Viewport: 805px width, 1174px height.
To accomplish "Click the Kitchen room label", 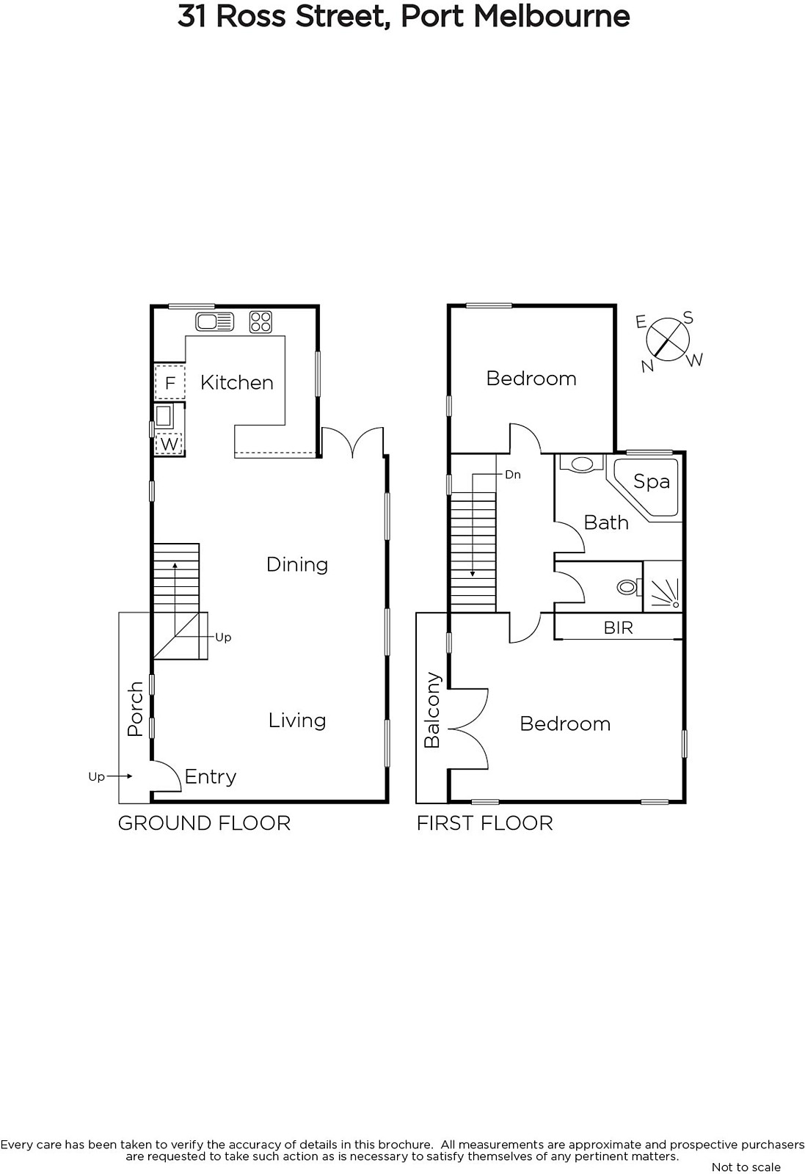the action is pyautogui.click(x=237, y=382).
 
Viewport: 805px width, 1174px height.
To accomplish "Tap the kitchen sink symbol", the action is pyautogui.click(x=215, y=322).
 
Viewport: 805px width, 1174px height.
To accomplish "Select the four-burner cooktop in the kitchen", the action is pyautogui.click(x=261, y=322).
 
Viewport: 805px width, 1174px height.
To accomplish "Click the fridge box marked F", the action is pyautogui.click(x=170, y=382).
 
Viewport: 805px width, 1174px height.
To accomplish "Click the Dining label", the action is pyautogui.click(x=297, y=564).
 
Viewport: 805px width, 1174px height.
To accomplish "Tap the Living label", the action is pyautogui.click(x=297, y=721).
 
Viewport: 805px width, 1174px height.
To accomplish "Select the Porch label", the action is pyautogui.click(x=135, y=709).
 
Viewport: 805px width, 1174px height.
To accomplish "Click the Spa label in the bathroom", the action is pyautogui.click(x=652, y=481).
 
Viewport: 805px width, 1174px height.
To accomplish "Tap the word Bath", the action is pyautogui.click(x=606, y=522).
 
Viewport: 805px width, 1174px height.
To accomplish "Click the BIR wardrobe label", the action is pyautogui.click(x=619, y=627).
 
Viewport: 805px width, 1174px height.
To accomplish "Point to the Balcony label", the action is pyautogui.click(x=432, y=710).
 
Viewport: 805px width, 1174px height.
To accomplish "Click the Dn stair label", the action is pyautogui.click(x=512, y=475).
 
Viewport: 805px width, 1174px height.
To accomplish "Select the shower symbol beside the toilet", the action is pyautogui.click(x=663, y=586).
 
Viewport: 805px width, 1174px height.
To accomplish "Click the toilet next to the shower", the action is pyautogui.click(x=629, y=586).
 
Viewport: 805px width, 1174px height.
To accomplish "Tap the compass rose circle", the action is pyautogui.click(x=667, y=339).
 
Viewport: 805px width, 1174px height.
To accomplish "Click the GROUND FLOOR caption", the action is pyautogui.click(x=205, y=823).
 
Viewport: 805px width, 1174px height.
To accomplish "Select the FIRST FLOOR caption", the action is pyautogui.click(x=485, y=823).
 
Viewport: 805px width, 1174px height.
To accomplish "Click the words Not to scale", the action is pyautogui.click(x=746, y=1167).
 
